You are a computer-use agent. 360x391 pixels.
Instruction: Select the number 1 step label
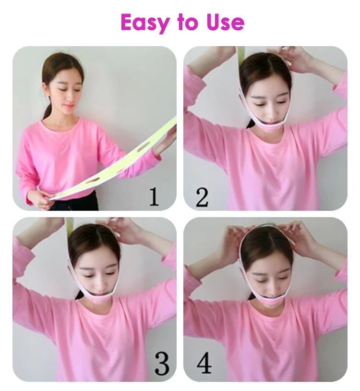click(154, 197)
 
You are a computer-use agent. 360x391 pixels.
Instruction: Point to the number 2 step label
click(202, 197)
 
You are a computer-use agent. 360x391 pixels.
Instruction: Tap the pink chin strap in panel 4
click(268, 303)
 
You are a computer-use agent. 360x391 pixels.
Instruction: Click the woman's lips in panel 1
click(68, 106)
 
